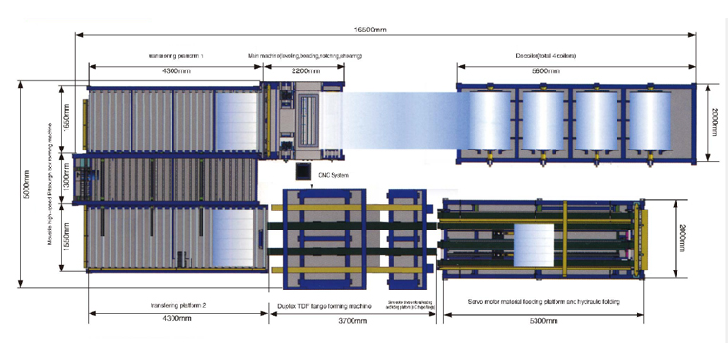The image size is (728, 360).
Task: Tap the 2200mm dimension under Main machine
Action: click(305, 71)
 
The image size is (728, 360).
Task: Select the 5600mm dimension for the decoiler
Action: click(574, 71)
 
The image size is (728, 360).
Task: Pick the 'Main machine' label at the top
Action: click(305, 56)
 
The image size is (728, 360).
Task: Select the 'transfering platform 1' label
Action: click(177, 56)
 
